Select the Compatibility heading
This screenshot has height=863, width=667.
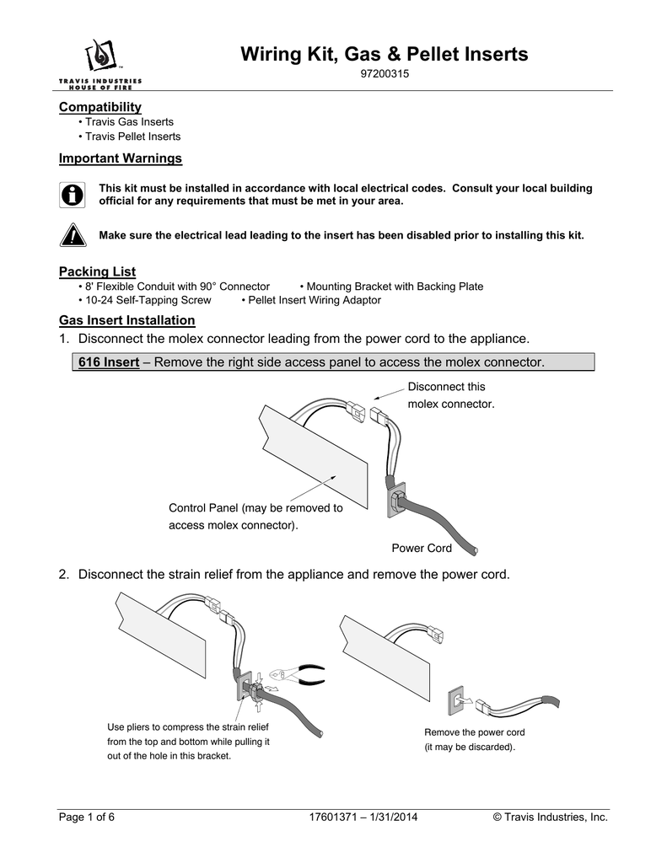point(100,107)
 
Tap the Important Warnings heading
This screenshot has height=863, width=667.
point(120,158)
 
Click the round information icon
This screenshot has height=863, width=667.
point(73,194)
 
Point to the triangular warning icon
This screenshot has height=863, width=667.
point(73,235)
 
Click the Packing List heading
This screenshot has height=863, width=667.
point(97,271)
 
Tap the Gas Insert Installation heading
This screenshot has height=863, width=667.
point(126,320)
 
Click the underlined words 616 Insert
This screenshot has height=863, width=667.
point(108,362)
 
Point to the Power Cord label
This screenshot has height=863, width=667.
point(422,549)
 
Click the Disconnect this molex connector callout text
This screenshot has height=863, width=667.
point(450,395)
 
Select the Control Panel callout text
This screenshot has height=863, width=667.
point(256,517)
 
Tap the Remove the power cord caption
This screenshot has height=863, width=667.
point(474,739)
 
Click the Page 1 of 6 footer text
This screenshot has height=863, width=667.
point(86,817)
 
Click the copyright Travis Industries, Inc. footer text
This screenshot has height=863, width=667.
point(549,817)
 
